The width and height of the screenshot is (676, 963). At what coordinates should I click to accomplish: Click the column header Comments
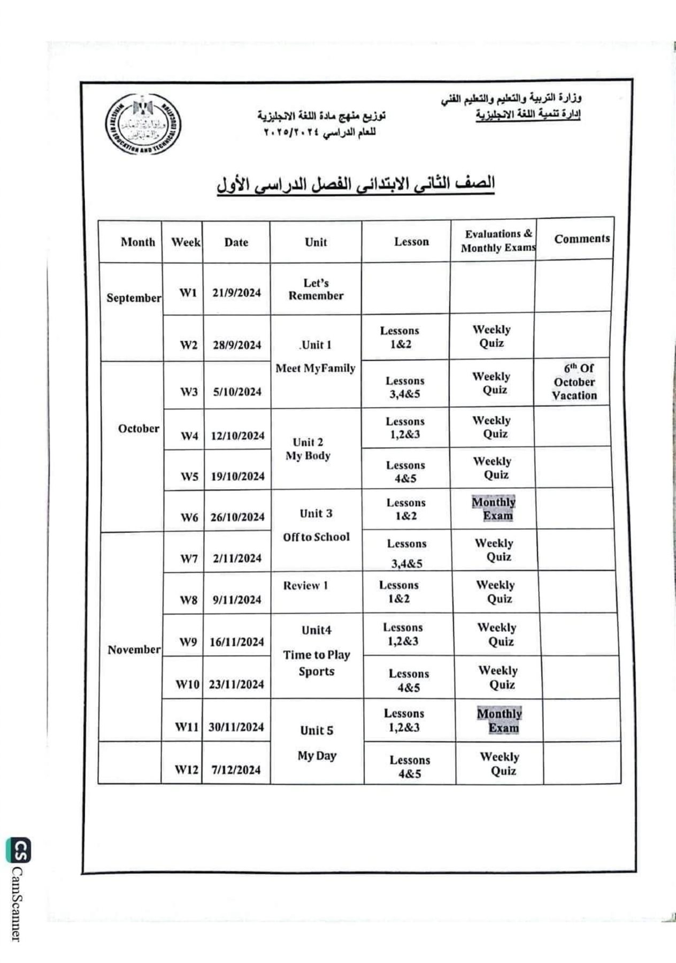click(582, 239)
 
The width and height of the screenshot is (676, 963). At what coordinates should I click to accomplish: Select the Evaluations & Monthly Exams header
click(498, 241)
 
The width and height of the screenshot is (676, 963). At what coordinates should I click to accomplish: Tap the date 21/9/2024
click(236, 293)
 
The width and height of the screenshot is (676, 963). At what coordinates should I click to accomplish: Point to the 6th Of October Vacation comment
click(574, 382)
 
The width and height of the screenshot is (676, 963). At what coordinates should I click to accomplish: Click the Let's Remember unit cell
click(316, 289)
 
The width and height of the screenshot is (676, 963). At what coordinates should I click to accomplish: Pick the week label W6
click(189, 517)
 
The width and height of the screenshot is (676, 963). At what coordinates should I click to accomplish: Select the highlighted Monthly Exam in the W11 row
click(499, 721)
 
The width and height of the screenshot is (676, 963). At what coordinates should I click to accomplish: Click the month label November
click(134, 649)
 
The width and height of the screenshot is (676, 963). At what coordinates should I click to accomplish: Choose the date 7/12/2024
click(236, 770)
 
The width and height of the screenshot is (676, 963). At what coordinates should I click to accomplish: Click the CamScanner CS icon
click(18, 850)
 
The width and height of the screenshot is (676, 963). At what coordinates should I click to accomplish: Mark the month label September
click(134, 298)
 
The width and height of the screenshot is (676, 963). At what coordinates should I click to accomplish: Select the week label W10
click(187, 684)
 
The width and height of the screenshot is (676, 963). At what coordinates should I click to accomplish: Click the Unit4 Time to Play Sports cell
click(317, 651)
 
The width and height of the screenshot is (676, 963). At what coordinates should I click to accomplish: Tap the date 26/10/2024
click(238, 517)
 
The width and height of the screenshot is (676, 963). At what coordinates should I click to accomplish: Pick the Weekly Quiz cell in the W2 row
click(491, 337)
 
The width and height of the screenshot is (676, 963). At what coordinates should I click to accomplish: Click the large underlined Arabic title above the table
click(356, 184)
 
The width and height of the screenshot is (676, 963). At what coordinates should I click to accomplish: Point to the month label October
click(139, 429)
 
